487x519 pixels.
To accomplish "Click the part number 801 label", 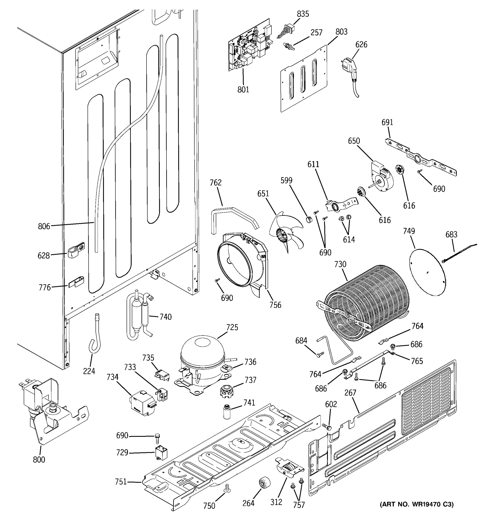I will [x=243, y=90].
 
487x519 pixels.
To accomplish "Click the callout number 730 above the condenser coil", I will [x=340, y=264].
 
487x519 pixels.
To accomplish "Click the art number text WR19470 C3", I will [x=416, y=511].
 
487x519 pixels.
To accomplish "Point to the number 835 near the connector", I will [x=303, y=14].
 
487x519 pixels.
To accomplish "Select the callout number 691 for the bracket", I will [x=387, y=122].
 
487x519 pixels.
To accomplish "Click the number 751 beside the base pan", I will [x=121, y=482].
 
